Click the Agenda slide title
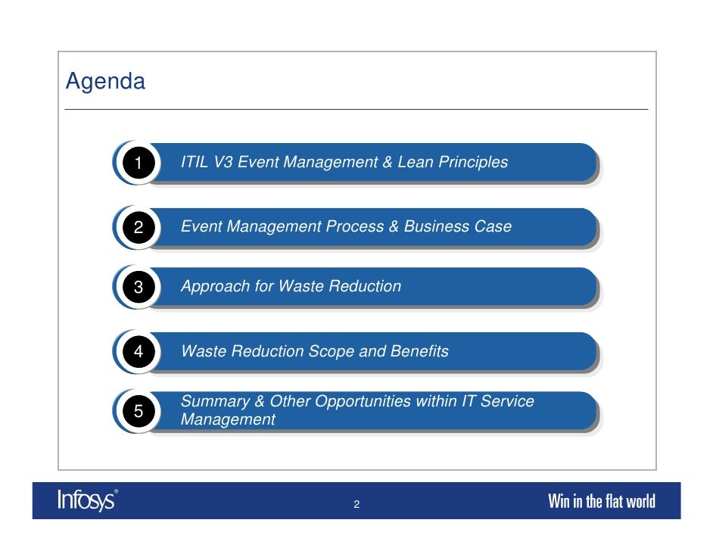pyautogui.click(x=105, y=81)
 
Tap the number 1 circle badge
pyautogui.click(x=138, y=163)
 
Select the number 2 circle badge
pyautogui.click(x=138, y=227)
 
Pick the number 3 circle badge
pyautogui.click(x=138, y=287)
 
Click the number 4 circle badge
pyautogui.click(x=138, y=352)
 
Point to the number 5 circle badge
pyautogui.click(x=138, y=411)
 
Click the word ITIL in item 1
pyautogui.click(x=194, y=162)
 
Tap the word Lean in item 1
pyautogui.click(x=415, y=162)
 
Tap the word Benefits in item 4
pyautogui.click(x=419, y=351)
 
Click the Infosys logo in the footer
pyautogui.click(x=87, y=500)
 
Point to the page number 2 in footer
pyautogui.click(x=356, y=505)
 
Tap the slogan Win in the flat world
pyautogui.click(x=601, y=501)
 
